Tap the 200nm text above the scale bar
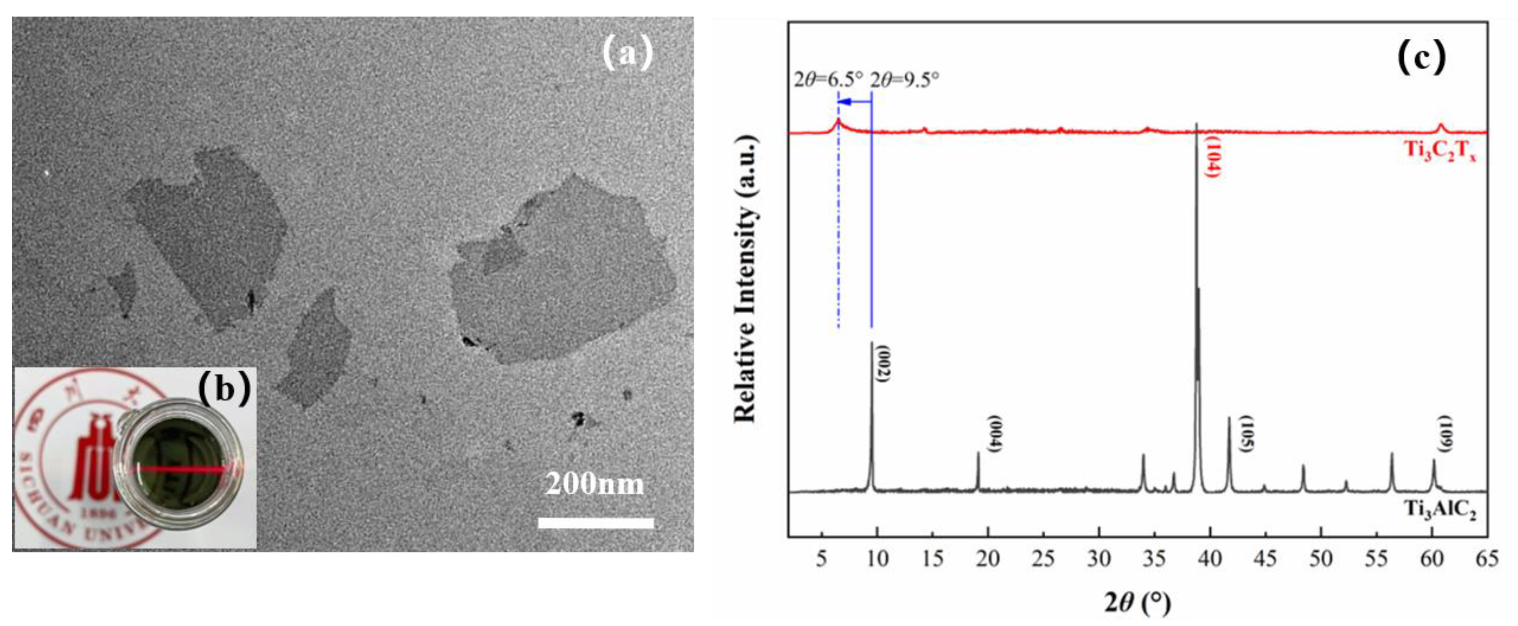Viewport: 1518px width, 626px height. pos(595,484)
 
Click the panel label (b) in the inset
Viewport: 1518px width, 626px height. pos(224,389)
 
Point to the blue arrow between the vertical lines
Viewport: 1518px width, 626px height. pos(854,102)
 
